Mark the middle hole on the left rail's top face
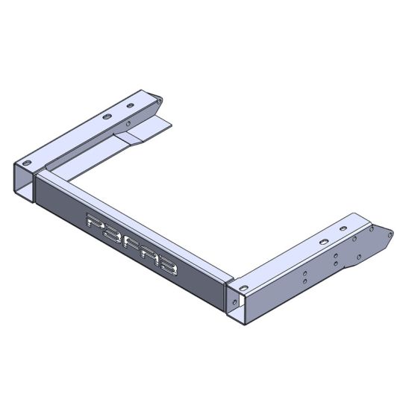coord(106,117)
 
